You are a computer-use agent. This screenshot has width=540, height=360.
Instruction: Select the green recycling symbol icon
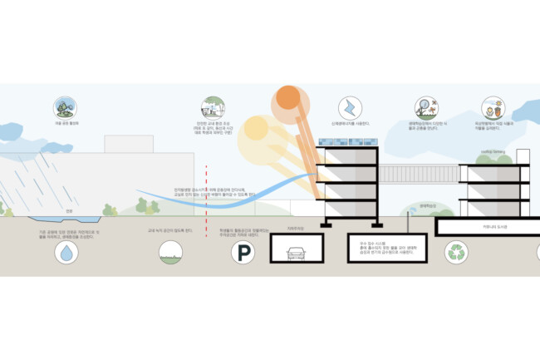tap(457, 252)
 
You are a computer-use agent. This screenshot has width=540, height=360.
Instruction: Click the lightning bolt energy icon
tap(349, 107)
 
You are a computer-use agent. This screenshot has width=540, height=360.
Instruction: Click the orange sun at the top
tap(287, 98)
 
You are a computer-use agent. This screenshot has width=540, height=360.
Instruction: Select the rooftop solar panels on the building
tap(348, 155)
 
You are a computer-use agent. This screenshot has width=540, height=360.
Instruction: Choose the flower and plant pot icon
tap(491, 107)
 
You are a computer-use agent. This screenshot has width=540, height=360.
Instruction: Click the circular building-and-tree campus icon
tap(209, 107)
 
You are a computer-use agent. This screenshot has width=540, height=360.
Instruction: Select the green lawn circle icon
tap(169, 252)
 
